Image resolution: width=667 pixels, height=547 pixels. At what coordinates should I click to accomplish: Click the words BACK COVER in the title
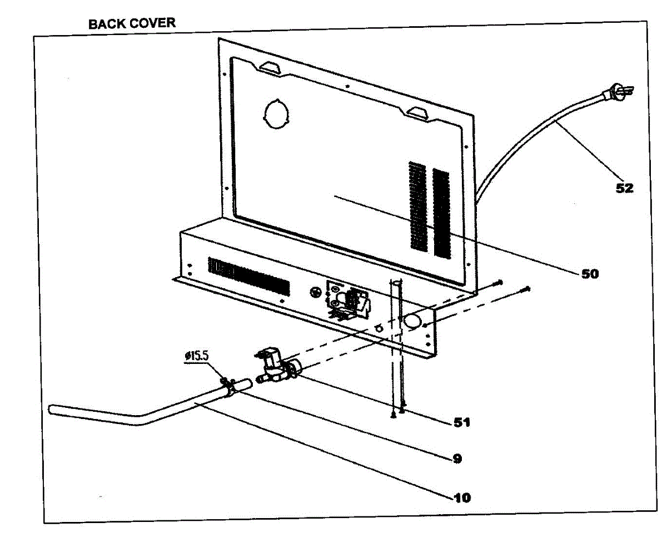(x=132, y=23)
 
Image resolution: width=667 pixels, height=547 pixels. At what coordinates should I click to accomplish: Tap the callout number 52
(x=624, y=188)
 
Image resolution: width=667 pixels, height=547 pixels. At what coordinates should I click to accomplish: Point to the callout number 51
(x=461, y=422)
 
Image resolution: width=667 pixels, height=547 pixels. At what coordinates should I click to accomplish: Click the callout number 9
(x=456, y=459)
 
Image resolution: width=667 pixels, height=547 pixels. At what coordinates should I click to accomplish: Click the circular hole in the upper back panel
(x=276, y=115)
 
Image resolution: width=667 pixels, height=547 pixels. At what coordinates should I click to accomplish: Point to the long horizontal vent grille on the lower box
(x=248, y=277)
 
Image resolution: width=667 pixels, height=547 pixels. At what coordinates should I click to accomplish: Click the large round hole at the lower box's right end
(x=412, y=321)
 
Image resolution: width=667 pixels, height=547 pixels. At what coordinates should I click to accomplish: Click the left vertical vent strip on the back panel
(x=417, y=206)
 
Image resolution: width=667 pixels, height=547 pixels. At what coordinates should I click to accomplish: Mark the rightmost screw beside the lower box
(x=526, y=288)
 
